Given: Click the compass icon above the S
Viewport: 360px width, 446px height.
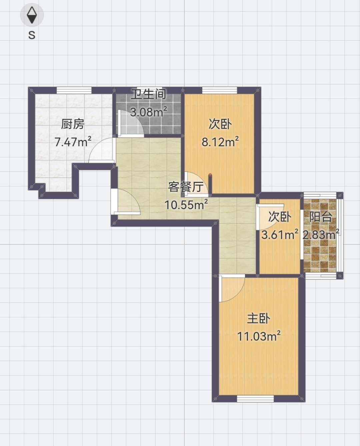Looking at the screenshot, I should point(32,15).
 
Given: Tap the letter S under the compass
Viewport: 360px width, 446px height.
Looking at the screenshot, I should point(32,35).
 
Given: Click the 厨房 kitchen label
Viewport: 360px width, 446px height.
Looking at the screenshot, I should point(72,124).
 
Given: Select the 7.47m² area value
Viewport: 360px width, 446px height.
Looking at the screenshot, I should point(73,142).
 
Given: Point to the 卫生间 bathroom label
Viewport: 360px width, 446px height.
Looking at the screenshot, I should point(148,94).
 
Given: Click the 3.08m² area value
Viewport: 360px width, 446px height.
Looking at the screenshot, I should point(148,112).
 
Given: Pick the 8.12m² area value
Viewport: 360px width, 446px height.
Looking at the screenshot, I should point(220,142).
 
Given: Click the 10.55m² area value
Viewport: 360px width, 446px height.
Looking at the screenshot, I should point(186,205).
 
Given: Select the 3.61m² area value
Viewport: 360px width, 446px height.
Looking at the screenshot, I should point(279,234).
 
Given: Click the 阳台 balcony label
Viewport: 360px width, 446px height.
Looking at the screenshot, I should point(321,217).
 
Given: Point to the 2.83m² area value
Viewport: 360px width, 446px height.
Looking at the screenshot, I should point(321,234).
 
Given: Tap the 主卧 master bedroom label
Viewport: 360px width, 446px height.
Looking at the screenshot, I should point(258,318).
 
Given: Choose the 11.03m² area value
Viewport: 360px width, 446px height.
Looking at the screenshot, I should point(259,336).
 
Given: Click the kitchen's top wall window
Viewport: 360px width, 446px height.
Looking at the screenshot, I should point(74,90).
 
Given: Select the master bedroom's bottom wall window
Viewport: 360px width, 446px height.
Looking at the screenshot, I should point(255,398).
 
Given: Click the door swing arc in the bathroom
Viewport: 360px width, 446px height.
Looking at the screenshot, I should point(132,124).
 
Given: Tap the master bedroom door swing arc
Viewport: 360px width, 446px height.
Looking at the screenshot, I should point(232,289).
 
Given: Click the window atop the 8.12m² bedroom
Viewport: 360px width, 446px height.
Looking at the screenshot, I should point(219,90).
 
